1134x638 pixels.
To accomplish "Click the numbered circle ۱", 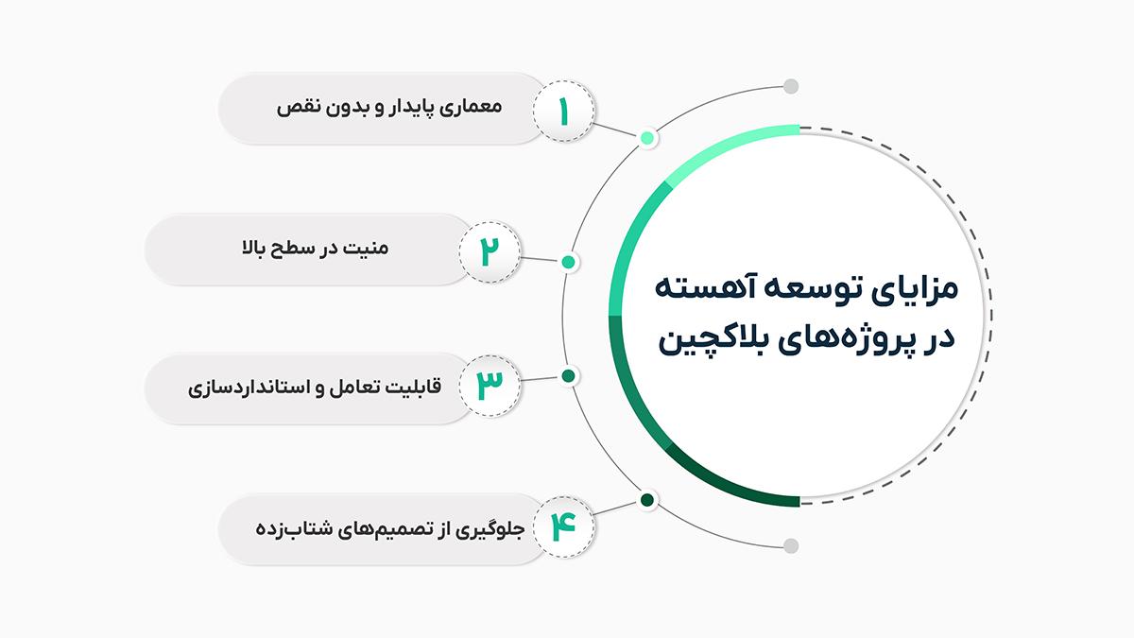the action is (x=564, y=111).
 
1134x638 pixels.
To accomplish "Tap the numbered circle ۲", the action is (x=490, y=251).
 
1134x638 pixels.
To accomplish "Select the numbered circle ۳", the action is (x=490, y=386).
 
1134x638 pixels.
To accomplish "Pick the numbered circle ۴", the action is (x=564, y=527).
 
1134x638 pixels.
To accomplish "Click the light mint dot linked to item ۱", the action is (x=647, y=138).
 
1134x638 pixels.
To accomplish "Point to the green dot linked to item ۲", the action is (x=569, y=262).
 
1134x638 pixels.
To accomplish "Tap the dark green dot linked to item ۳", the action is (x=569, y=376).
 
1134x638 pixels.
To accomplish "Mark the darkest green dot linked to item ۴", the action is (x=647, y=500).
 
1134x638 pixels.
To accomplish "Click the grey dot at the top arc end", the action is (x=791, y=87).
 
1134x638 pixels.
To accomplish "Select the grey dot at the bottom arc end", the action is (x=791, y=546).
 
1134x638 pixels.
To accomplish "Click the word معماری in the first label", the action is (x=471, y=108).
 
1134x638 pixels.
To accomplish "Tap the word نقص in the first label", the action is (x=291, y=107).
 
